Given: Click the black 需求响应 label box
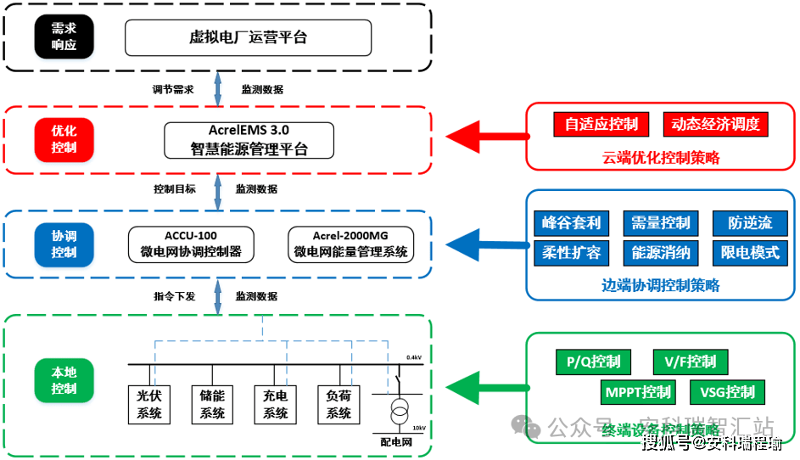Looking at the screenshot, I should click(64, 37).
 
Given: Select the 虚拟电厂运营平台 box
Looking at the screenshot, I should click(248, 37).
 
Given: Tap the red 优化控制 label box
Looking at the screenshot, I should click(64, 139).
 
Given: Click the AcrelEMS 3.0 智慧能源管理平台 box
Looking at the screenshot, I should click(249, 140).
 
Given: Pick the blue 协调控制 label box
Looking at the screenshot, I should click(64, 244).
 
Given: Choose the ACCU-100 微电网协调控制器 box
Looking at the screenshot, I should click(191, 244).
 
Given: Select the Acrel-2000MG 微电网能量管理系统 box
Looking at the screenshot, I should click(350, 244).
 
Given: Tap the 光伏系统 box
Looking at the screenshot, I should click(149, 404).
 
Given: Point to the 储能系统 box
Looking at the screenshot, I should click(212, 404).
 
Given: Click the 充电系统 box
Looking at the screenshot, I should click(275, 404).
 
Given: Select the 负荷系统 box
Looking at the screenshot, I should click(338, 404).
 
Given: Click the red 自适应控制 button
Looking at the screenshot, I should click(601, 124).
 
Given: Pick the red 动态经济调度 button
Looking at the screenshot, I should click(714, 124).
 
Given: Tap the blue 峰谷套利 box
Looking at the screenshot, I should click(571, 223).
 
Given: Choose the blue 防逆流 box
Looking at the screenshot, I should click(749, 223).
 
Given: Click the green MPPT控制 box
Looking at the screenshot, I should click(637, 392).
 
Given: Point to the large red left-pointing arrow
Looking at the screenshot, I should click(484, 135).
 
